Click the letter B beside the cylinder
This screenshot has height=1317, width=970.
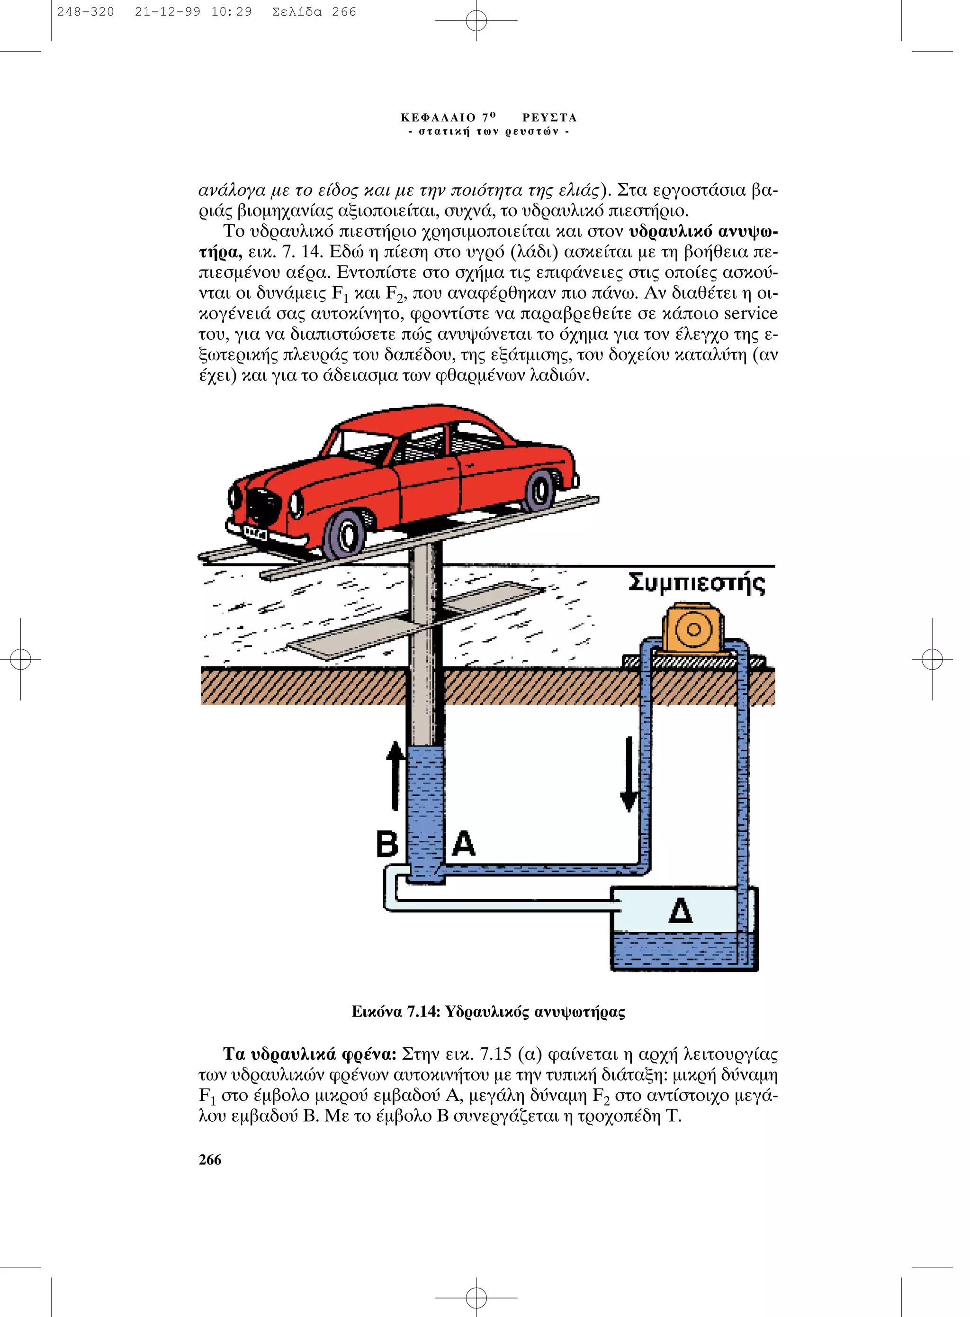pyautogui.click(x=387, y=844)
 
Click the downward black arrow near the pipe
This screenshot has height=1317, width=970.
pyautogui.click(x=629, y=774)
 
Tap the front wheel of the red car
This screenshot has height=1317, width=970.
pyautogui.click(x=346, y=533)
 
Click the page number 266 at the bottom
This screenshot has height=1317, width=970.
pyautogui.click(x=210, y=1160)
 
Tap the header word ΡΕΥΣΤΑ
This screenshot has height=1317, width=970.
pyautogui.click(x=549, y=118)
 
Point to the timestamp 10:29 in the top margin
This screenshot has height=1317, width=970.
pyautogui.click(x=231, y=12)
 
